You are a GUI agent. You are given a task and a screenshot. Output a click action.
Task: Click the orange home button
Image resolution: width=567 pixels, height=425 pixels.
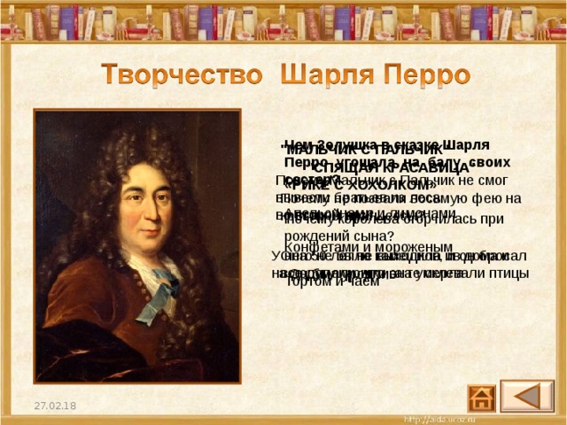[483, 395]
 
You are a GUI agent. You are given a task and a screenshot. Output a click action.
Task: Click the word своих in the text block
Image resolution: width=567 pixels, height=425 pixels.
[515, 162]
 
